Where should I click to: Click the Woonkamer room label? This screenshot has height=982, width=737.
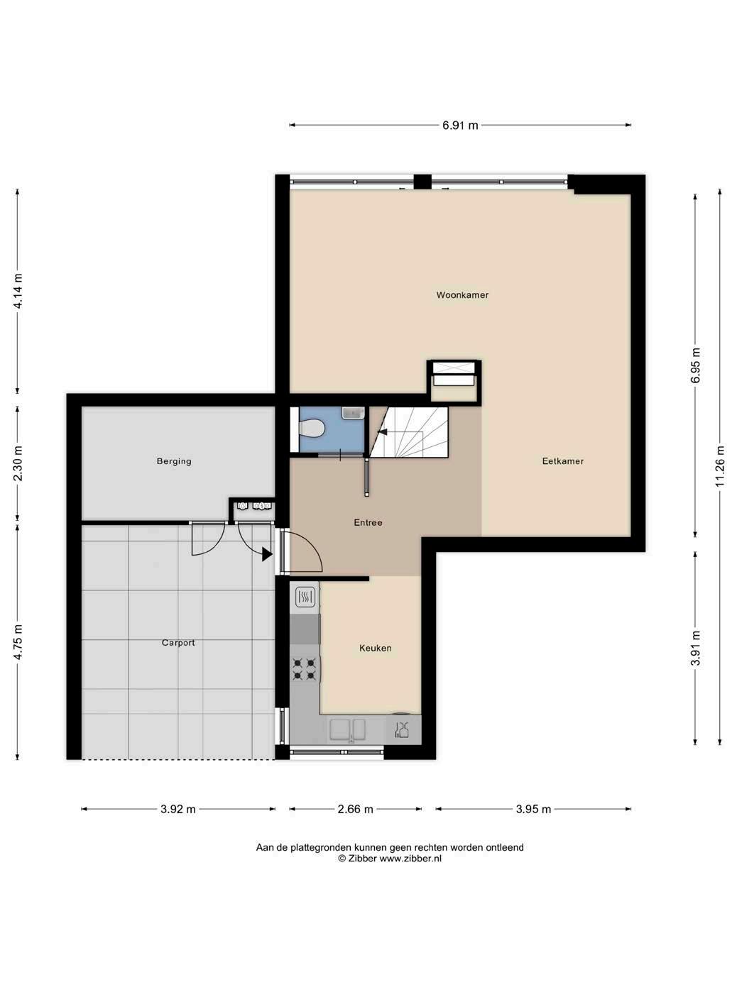click(462, 295)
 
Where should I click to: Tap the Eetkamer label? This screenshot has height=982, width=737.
click(562, 460)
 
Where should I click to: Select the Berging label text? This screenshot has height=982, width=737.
click(174, 461)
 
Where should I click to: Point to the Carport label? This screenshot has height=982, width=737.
click(178, 643)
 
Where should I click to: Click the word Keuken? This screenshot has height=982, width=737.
click(375, 648)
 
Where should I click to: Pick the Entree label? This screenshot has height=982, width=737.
click(368, 522)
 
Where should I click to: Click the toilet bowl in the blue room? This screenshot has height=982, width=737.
click(312, 428)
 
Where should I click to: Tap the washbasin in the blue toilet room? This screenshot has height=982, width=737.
click(353, 413)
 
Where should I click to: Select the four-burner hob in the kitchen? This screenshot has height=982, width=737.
click(305, 668)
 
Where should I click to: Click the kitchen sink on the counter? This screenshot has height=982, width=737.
click(347, 729)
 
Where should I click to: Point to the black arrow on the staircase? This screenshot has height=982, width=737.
click(383, 431)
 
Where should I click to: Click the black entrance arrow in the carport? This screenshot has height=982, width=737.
click(267, 555)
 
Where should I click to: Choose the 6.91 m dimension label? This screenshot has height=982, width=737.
click(460, 126)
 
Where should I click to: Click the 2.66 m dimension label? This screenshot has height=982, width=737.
click(355, 809)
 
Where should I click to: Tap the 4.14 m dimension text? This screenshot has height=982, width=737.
click(18, 291)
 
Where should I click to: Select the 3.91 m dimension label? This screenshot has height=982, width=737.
click(695, 648)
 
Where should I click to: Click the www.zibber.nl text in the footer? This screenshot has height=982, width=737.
click(410, 858)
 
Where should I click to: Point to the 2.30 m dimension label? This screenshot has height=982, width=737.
click(18, 463)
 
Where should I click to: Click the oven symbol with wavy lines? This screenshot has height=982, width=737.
click(305, 597)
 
